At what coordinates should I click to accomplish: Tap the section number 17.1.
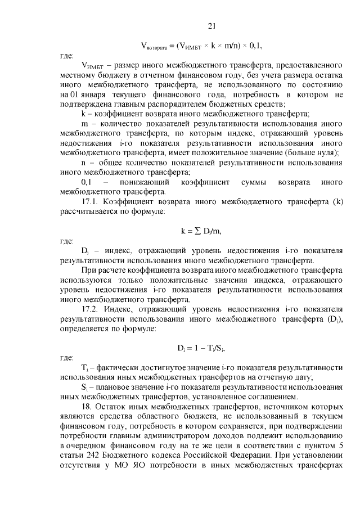(x=92, y=201)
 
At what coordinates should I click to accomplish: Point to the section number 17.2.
(x=92, y=309)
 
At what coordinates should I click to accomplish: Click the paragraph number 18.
(x=87, y=406)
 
